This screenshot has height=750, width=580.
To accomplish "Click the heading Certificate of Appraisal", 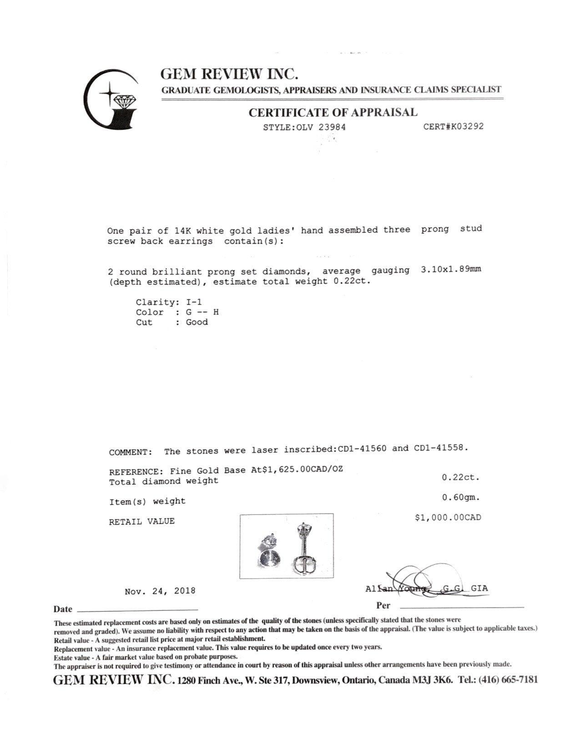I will coord(333,112).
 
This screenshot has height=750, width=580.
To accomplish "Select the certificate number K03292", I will coord(465,126).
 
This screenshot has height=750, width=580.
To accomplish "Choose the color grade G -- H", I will coord(202,312).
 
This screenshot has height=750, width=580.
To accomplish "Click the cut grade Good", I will coord(197,322).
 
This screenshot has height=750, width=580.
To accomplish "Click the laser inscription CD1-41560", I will coord(362,449).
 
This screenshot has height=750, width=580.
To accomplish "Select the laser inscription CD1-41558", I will coord(440,448).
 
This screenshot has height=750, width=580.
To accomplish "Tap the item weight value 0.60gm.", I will coord(461,498).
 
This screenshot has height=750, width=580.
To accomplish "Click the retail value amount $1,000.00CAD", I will coord(448,518).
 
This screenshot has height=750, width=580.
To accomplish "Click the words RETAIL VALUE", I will coord(141,522).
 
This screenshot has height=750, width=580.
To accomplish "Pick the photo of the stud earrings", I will coord(286,546).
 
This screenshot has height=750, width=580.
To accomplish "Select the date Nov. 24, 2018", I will coord(160,591).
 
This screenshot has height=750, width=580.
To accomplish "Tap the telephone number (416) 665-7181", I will coord(508,680).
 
